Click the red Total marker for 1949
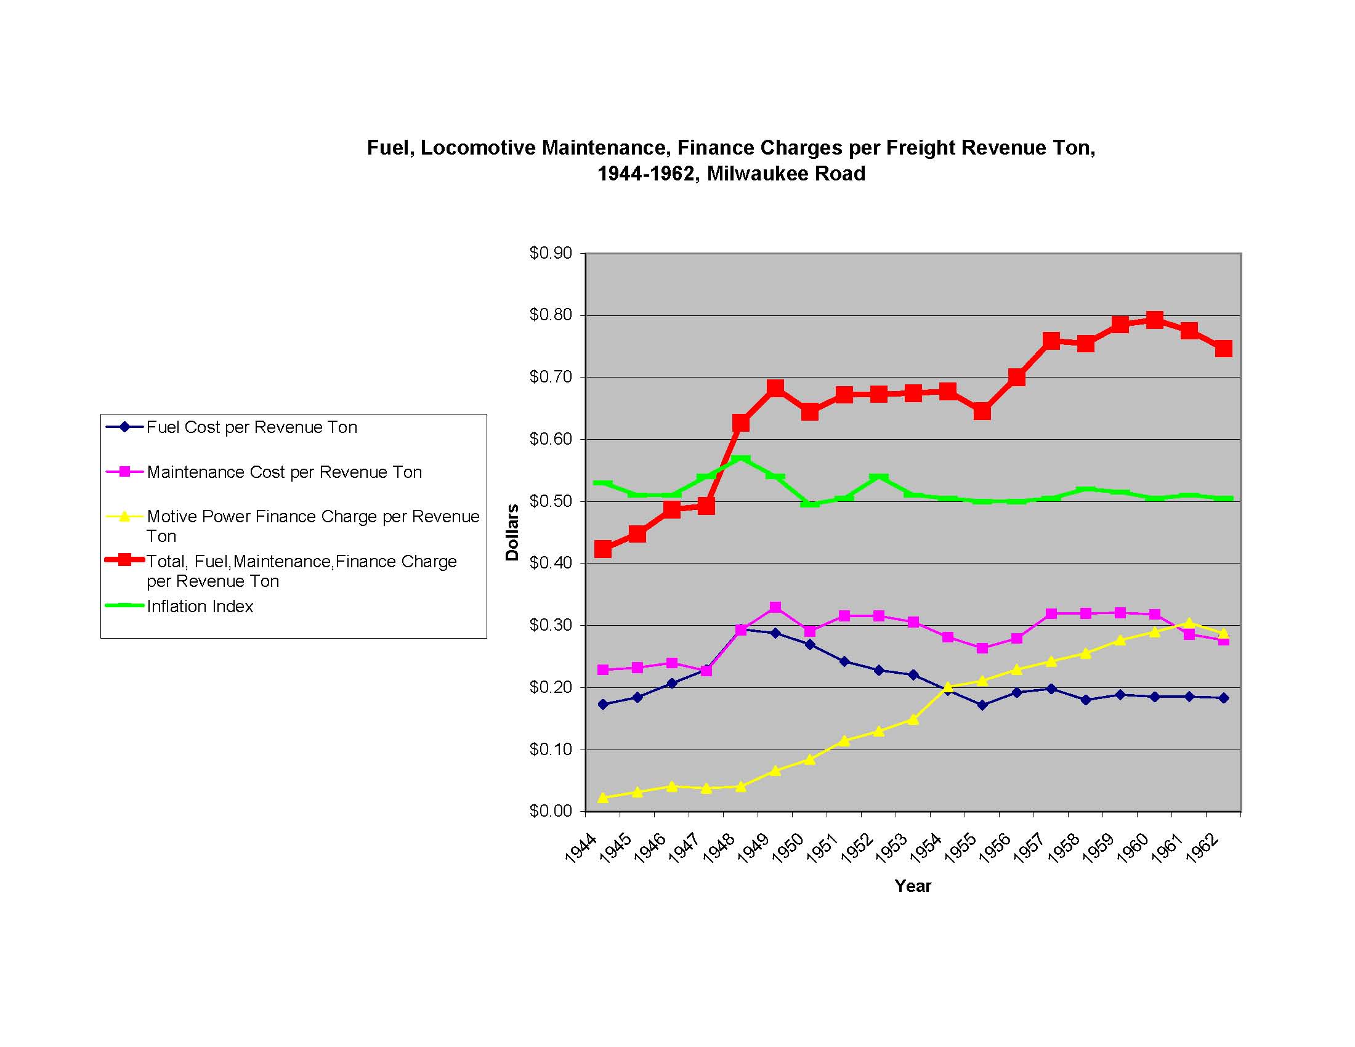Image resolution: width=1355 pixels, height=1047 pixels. click(x=775, y=388)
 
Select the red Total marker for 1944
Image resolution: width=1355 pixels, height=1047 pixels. click(x=602, y=549)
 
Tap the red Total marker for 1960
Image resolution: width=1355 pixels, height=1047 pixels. click(x=1154, y=320)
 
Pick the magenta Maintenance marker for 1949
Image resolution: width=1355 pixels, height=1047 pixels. click(x=775, y=607)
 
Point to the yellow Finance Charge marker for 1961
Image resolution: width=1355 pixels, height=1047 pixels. click(x=1189, y=623)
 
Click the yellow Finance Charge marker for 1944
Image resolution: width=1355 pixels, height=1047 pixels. click(x=602, y=798)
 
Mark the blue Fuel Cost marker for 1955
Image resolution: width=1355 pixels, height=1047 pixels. click(x=982, y=705)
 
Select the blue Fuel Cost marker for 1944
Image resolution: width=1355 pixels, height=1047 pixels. click(x=602, y=705)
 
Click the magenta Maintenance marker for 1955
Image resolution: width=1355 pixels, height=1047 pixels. click(x=982, y=648)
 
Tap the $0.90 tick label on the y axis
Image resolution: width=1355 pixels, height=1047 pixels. click(x=550, y=253)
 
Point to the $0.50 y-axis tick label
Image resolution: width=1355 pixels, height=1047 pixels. click(x=550, y=501)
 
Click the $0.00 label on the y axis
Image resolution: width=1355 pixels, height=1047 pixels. click(x=550, y=811)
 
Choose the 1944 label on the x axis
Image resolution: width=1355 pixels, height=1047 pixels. click(x=581, y=849)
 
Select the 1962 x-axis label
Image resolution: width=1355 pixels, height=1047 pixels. click(x=1201, y=849)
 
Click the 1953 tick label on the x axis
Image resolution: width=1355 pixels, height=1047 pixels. click(x=891, y=849)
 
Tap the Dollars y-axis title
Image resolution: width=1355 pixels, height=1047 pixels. click(x=512, y=532)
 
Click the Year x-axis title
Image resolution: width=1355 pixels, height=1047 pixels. click(x=913, y=886)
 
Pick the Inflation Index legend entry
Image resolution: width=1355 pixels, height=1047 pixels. click(x=200, y=607)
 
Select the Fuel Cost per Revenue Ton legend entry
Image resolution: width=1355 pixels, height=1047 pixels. click(x=251, y=427)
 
